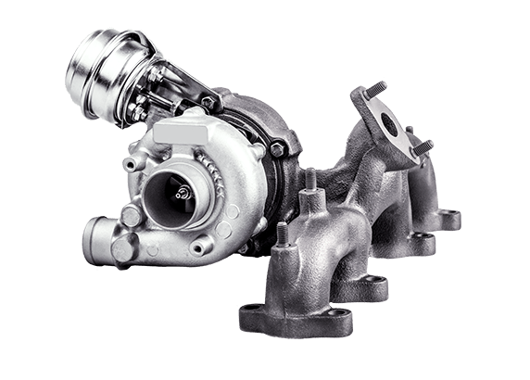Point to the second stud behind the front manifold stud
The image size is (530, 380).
(309, 180)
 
